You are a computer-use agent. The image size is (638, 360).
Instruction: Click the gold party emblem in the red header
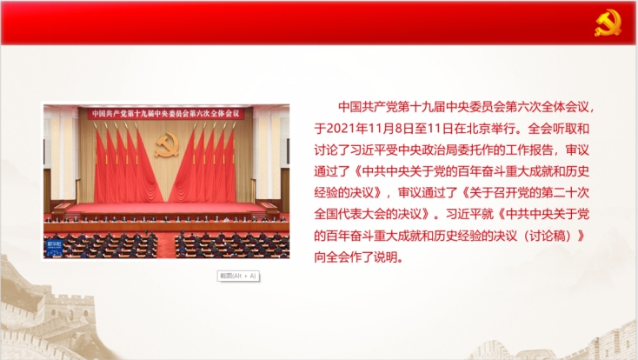pos(608,23)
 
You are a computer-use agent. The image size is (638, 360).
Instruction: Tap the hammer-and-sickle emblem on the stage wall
pos(167,145)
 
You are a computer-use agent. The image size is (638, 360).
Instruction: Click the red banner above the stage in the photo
pos(166,114)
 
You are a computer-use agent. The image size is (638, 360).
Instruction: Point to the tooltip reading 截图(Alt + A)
pos(238,277)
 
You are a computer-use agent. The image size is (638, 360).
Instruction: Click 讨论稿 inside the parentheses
pos(548,236)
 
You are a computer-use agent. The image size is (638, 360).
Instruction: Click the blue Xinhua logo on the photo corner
pos(54,248)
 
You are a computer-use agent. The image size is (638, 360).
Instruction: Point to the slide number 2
pos(597,340)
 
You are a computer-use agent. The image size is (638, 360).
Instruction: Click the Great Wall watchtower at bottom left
pos(67,310)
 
